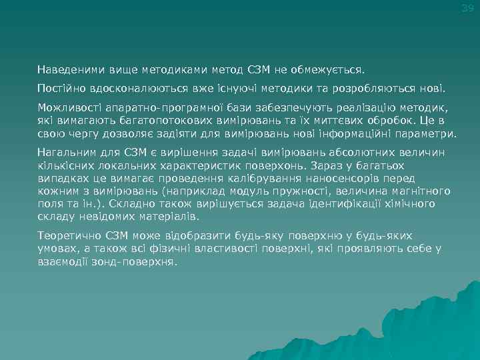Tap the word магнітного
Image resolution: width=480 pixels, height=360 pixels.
pos(410,191)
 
